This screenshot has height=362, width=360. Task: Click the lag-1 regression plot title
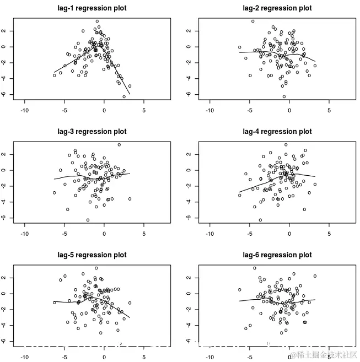92,8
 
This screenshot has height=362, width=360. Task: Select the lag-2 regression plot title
277,8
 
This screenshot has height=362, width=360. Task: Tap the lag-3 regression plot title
92,132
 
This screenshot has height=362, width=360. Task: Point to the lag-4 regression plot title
277,132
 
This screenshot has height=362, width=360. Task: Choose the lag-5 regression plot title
92,255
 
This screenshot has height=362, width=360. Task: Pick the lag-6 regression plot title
277,255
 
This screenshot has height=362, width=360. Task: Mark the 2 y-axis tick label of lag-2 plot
189,31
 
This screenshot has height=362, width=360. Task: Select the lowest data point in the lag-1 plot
124,96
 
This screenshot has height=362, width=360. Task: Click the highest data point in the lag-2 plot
252,21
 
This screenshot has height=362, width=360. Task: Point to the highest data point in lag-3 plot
119,145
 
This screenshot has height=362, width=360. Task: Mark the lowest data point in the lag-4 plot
260,220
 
